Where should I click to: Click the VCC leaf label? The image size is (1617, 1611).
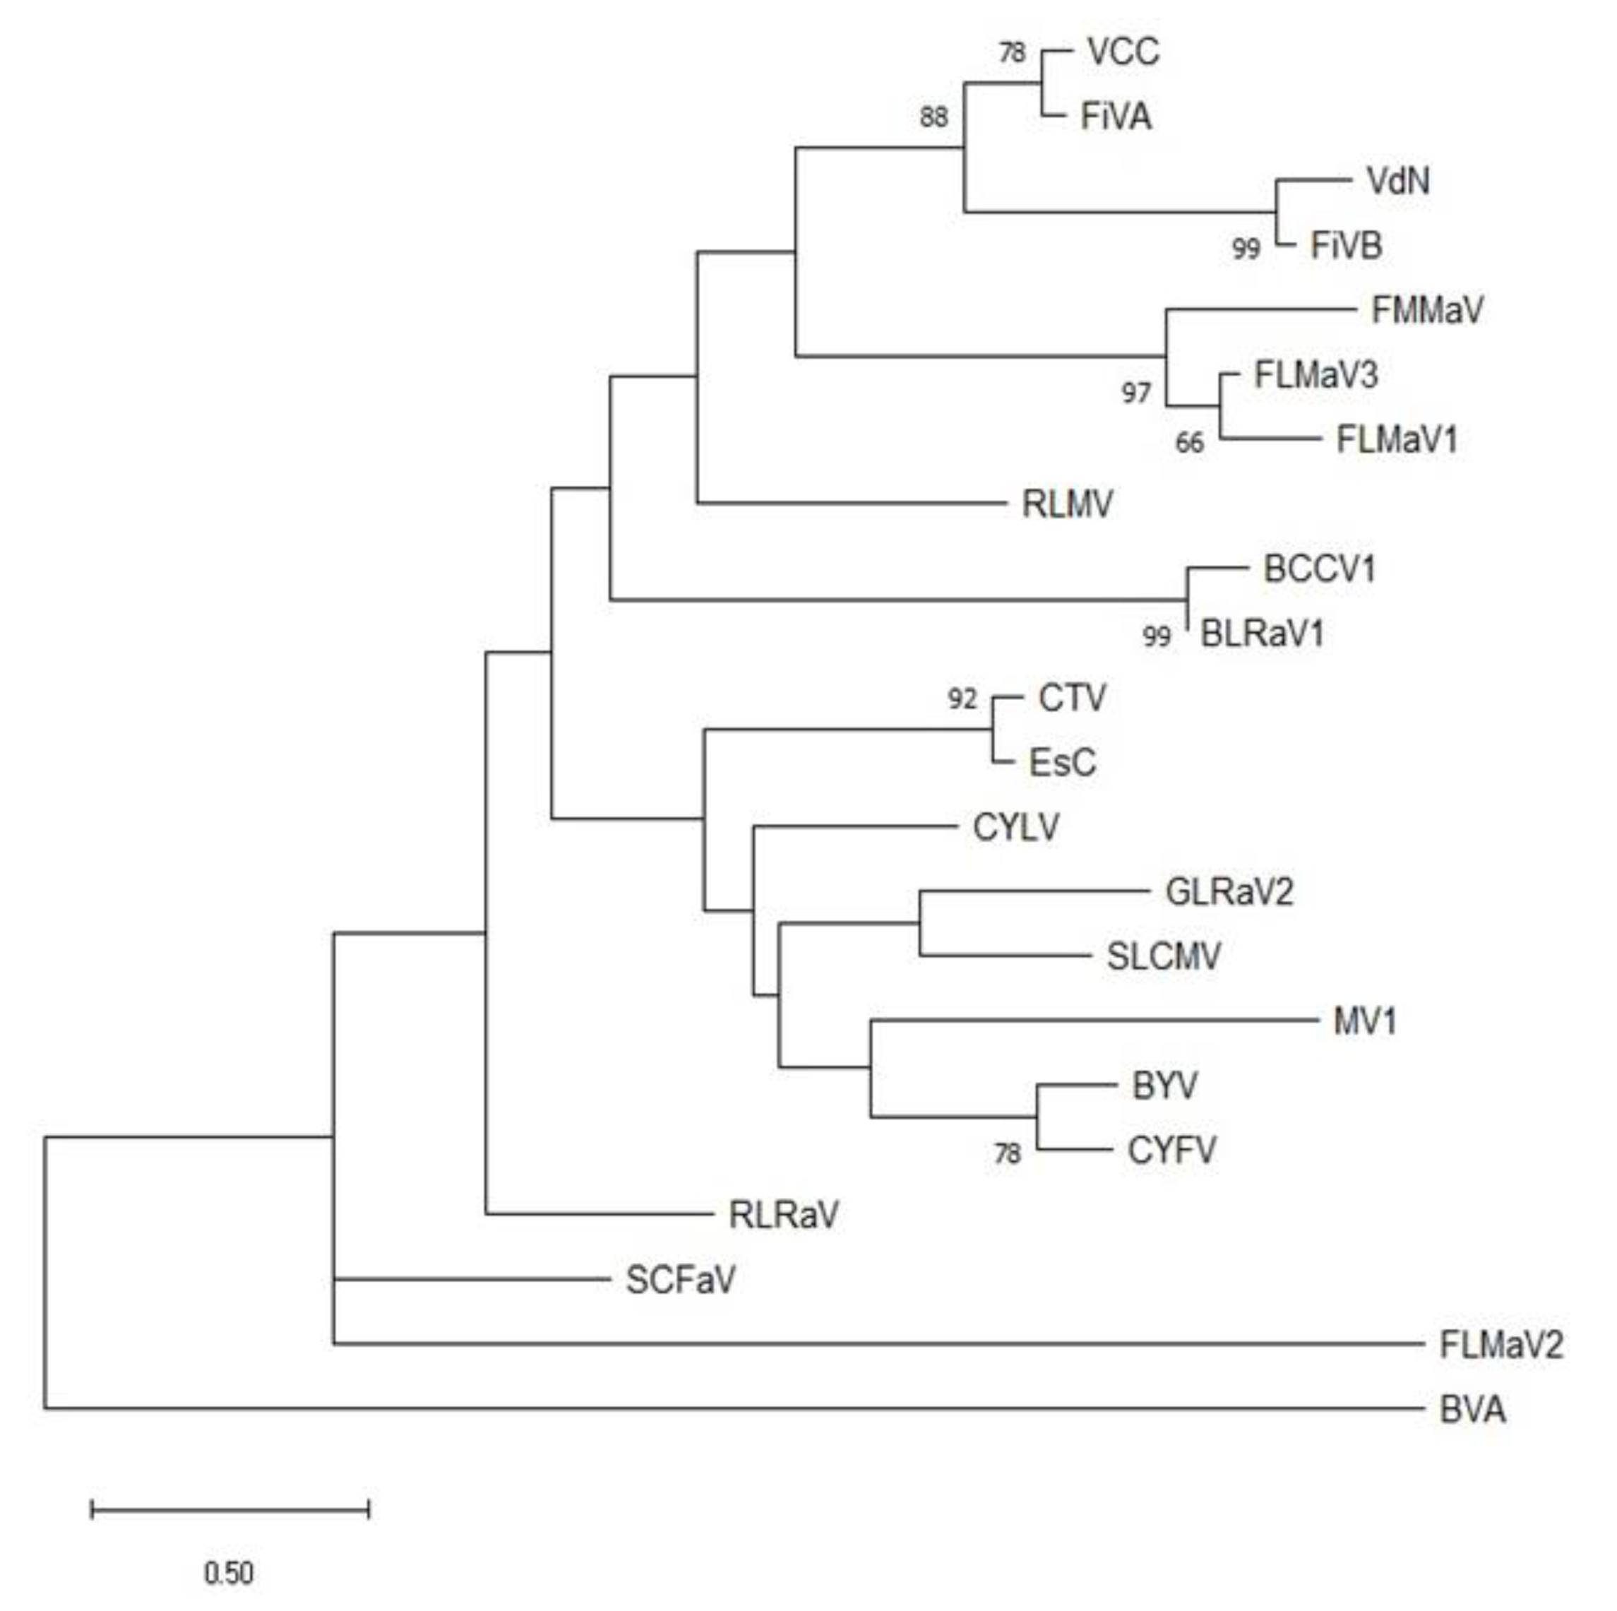click(1123, 52)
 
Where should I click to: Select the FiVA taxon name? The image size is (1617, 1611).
click(1116, 117)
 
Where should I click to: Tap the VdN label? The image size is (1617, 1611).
click(1397, 181)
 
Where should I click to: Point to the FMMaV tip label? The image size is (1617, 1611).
click(1427, 311)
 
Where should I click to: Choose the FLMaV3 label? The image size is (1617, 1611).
click(1315, 375)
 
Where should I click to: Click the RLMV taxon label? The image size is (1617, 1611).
click(1067, 504)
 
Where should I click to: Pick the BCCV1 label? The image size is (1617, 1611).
click(1319, 569)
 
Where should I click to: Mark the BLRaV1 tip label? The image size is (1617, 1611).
click(1262, 634)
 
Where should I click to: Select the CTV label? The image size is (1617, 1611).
click(1072, 699)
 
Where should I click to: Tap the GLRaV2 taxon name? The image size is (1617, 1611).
click(1229, 892)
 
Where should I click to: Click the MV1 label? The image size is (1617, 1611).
click(1364, 1021)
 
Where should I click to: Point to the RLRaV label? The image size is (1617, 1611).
click(783, 1215)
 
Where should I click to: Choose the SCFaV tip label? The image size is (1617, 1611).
click(681, 1280)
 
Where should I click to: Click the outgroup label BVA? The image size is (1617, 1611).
click(1472, 1410)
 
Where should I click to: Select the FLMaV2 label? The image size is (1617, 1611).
click(1500, 1345)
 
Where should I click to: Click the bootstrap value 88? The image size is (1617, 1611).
click(934, 117)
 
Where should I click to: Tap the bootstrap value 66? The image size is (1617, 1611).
click(1189, 443)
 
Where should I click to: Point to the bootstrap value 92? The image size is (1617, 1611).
click(962, 699)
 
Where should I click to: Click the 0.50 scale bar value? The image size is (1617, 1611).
click(229, 1574)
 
